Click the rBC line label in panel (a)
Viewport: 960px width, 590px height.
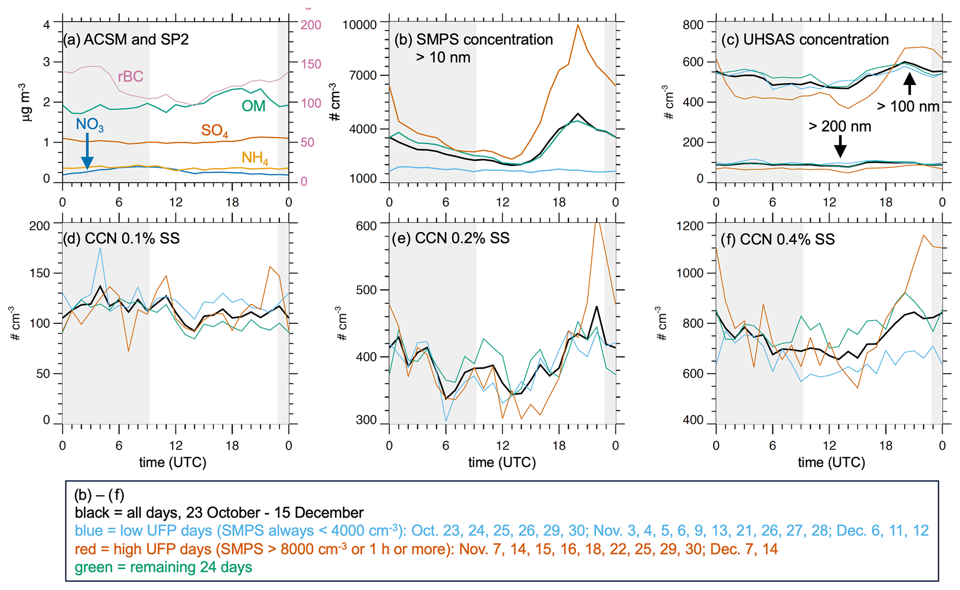tap(130, 77)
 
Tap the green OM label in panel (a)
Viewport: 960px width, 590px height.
tap(253, 106)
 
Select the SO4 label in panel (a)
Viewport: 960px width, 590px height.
tap(214, 131)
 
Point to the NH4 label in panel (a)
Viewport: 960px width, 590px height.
tap(255, 158)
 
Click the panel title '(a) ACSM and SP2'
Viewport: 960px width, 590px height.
tap(126, 39)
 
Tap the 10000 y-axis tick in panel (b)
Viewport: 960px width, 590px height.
tap(359, 25)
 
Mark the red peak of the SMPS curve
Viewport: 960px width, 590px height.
tap(578, 25)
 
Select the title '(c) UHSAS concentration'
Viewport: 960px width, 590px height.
tap(804, 39)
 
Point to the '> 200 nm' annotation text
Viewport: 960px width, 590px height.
tap(840, 126)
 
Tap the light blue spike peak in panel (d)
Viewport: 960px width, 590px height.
tap(100, 248)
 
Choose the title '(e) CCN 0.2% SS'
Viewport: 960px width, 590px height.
tap(451, 238)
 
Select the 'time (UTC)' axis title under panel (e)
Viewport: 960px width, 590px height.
tap(502, 462)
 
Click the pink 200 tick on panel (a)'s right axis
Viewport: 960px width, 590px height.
tap(311, 25)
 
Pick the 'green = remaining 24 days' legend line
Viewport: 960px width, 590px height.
tap(163, 567)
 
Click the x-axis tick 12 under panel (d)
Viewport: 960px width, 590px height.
tap(176, 446)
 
